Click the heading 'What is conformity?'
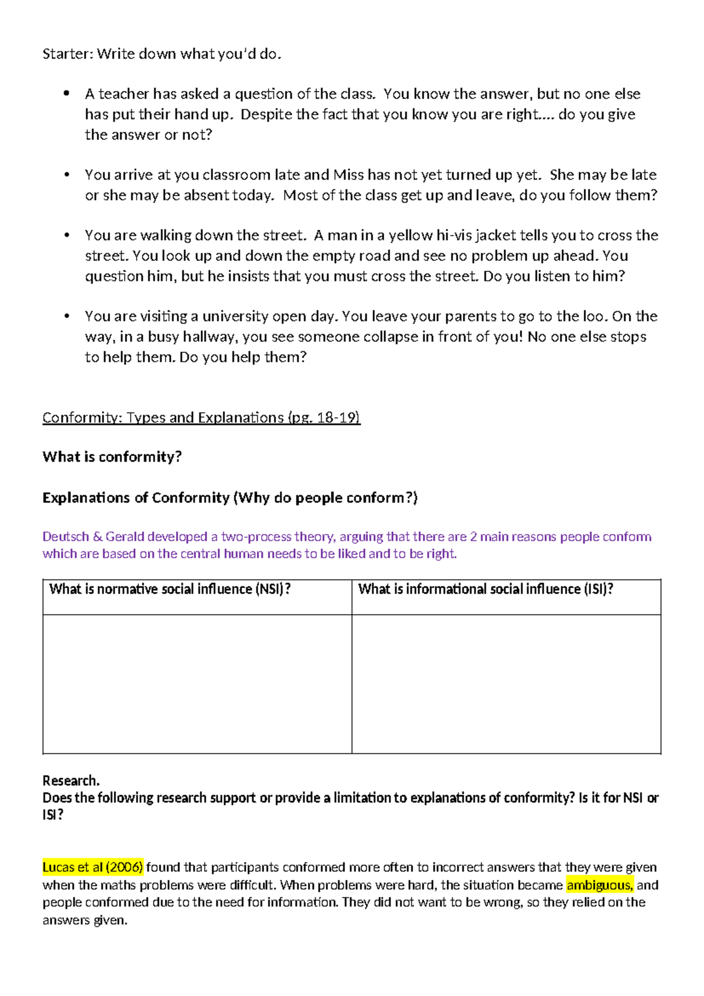click(x=112, y=457)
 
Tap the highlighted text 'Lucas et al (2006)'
click(x=93, y=867)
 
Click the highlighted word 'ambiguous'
click(x=599, y=885)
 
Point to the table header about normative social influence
click(x=170, y=589)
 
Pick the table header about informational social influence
click(x=485, y=589)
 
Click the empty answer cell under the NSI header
click(x=197, y=684)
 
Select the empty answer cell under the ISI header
click(x=506, y=684)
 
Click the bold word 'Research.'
click(x=71, y=780)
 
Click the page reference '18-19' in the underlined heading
click(x=336, y=418)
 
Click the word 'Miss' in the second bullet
click(x=348, y=175)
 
